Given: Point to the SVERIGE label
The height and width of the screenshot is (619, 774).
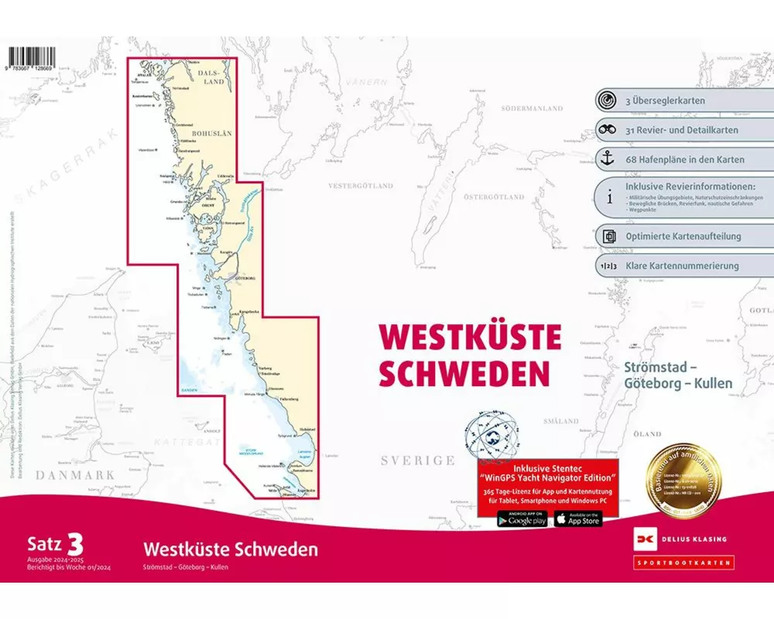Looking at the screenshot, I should click(417, 460).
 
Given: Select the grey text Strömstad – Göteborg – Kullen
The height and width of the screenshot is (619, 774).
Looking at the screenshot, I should click(677, 374).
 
